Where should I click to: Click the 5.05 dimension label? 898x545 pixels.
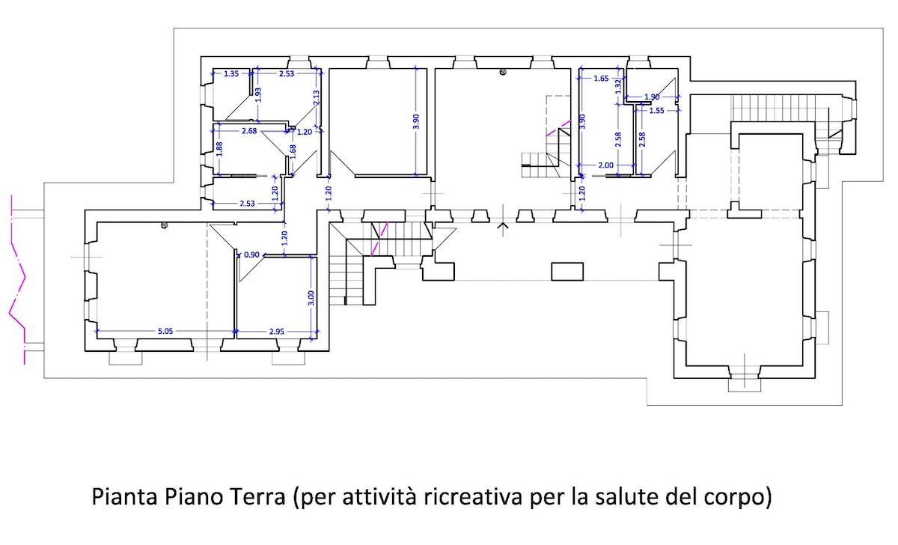165,331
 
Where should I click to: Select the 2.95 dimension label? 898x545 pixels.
277,332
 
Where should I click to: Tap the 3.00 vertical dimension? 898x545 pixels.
311,298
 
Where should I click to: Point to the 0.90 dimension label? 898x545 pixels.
251,255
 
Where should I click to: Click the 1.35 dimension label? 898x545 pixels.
231,74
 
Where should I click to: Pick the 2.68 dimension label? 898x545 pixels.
249,131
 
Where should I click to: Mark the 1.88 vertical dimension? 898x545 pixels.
219,149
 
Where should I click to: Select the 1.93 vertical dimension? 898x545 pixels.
258,95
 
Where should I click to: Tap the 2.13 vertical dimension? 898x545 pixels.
316,97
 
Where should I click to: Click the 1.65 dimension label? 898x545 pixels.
601,79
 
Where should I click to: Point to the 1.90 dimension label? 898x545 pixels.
652,97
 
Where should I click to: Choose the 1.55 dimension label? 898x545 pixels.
657,111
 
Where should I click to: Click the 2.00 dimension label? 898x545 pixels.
605,165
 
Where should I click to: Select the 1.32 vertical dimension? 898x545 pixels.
618,86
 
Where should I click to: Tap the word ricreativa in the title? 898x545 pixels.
473,497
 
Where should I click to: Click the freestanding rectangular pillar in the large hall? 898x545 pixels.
567,272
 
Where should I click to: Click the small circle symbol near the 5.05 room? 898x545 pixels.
164,226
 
